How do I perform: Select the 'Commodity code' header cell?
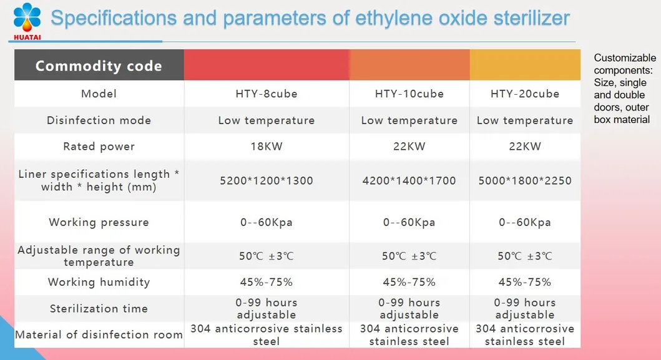coord(99,66)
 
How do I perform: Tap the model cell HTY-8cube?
coord(267,94)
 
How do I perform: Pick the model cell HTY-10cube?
coord(409,94)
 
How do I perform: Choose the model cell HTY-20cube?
coord(525,94)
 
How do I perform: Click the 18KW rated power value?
coord(267,147)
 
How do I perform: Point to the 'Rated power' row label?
coord(99,147)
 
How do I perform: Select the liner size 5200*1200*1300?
coord(267,181)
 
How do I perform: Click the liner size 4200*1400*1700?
coord(409,181)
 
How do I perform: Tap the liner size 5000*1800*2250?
coord(525,181)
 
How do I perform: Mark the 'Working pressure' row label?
coord(99,222)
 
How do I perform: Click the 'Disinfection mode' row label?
coord(99,120)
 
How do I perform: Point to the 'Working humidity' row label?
coord(99,282)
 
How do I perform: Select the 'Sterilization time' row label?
coord(99,308)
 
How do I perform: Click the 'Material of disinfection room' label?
coord(99,335)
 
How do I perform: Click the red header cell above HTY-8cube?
coord(267,65)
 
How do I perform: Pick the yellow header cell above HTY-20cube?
coord(525,65)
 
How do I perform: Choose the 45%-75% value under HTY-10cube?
coord(409,282)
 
